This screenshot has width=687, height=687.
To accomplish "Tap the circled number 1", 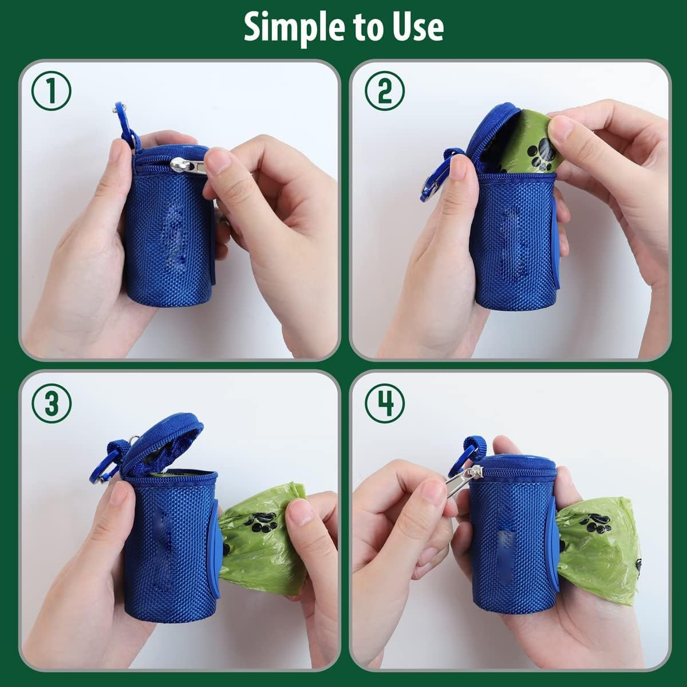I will tap(52, 92).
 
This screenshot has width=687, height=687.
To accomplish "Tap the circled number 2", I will tap(385, 92).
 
